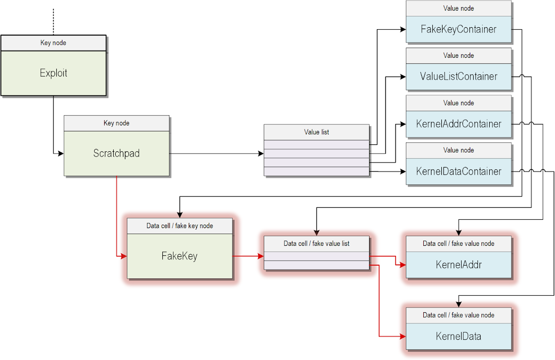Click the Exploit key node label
(x=53, y=73)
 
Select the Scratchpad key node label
(x=117, y=153)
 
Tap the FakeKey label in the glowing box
(x=179, y=256)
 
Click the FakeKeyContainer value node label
(x=458, y=29)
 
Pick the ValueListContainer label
(x=458, y=76)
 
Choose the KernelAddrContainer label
(x=458, y=124)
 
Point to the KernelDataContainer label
(x=458, y=171)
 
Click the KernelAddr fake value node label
(x=458, y=265)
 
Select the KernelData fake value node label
(x=458, y=336)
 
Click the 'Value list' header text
(x=316, y=132)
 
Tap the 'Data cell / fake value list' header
(x=316, y=243)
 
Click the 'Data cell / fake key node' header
(x=179, y=226)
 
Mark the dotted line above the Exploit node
(x=53, y=21)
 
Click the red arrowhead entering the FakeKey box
(x=123, y=256)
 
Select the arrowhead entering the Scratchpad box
(x=61, y=153)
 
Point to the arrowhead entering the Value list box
(x=260, y=153)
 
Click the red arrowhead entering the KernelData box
(x=403, y=336)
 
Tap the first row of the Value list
(x=316, y=145)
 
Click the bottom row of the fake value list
(x=316, y=265)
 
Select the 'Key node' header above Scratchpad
(x=117, y=123)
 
